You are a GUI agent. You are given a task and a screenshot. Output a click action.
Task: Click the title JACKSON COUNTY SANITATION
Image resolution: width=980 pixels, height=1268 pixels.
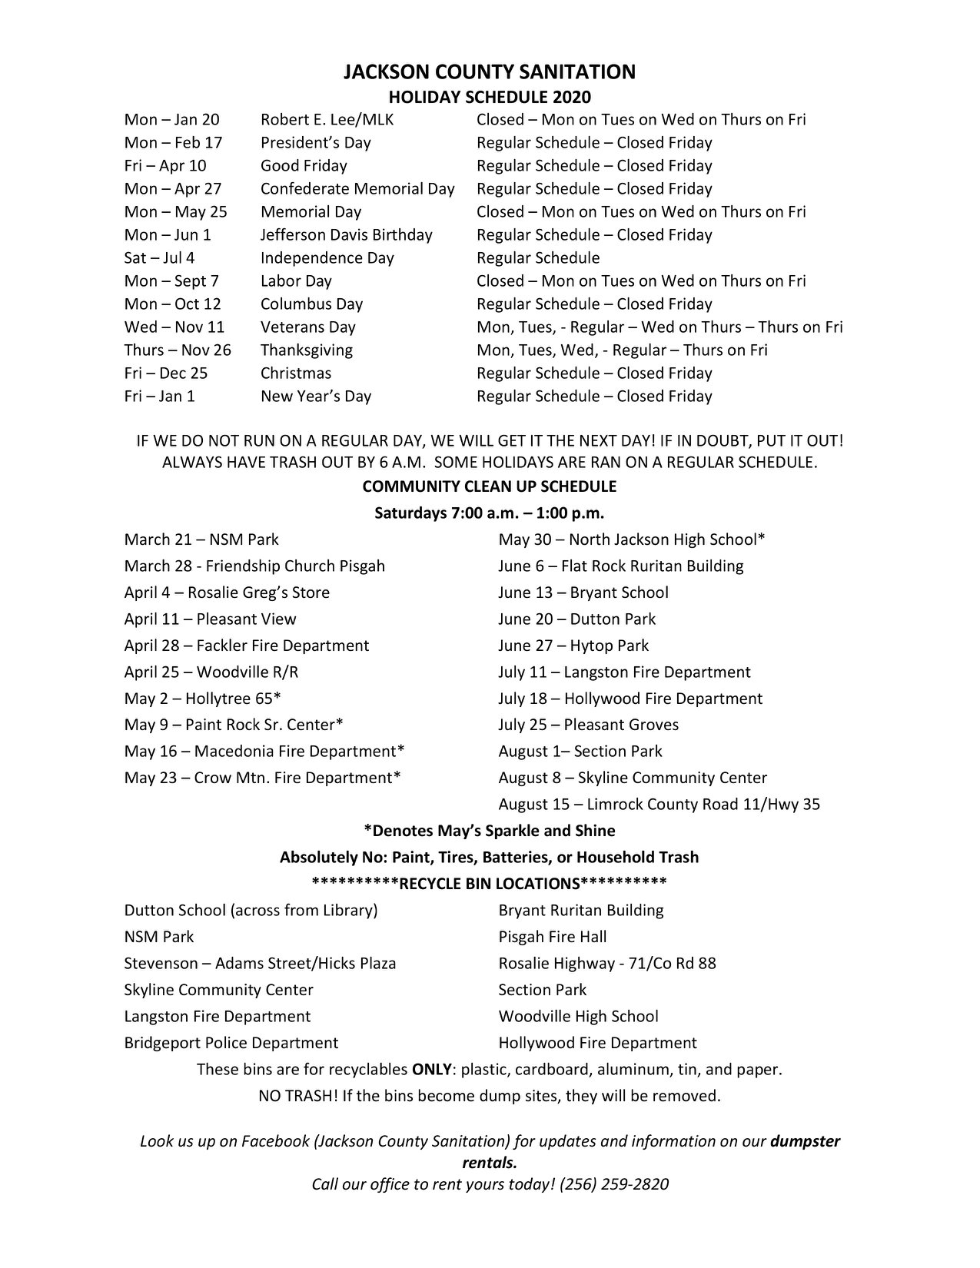489,72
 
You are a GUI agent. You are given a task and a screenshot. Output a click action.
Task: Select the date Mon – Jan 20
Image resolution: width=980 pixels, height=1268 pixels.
172,120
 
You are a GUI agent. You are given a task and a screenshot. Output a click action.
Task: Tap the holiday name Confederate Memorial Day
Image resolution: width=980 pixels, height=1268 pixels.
357,189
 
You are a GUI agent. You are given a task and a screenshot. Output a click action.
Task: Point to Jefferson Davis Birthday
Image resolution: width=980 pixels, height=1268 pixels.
346,235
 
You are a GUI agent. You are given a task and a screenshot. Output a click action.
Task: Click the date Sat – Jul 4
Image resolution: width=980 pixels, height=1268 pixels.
160,258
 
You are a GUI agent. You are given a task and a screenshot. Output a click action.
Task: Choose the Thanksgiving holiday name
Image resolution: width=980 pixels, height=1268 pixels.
307,350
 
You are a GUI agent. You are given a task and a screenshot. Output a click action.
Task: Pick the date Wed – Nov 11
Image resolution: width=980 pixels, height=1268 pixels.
174,327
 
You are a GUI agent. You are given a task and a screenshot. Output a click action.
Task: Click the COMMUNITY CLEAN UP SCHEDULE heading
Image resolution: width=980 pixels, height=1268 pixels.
489,486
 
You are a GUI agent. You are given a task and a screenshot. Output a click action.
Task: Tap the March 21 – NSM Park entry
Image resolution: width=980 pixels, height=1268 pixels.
201,539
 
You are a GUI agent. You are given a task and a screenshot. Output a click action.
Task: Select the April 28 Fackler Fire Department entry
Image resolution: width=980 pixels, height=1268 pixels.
247,646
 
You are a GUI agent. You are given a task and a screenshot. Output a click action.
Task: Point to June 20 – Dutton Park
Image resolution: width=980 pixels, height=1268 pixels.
577,619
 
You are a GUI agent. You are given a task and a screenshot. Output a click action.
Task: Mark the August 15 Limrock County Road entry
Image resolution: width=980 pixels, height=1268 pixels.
659,805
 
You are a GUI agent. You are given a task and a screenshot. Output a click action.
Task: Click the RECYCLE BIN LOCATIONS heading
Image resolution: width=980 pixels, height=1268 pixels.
489,883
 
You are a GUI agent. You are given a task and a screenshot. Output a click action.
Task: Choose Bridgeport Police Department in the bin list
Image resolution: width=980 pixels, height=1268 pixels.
231,1043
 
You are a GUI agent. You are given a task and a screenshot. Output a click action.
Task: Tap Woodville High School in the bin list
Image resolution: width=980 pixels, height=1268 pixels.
579,1017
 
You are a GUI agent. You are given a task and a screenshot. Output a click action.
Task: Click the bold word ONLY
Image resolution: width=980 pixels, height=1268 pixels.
431,1070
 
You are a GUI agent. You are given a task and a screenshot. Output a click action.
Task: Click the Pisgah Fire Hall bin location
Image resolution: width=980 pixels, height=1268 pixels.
553,937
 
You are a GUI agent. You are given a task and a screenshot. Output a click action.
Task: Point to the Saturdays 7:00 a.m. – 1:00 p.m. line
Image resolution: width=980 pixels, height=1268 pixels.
489,513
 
